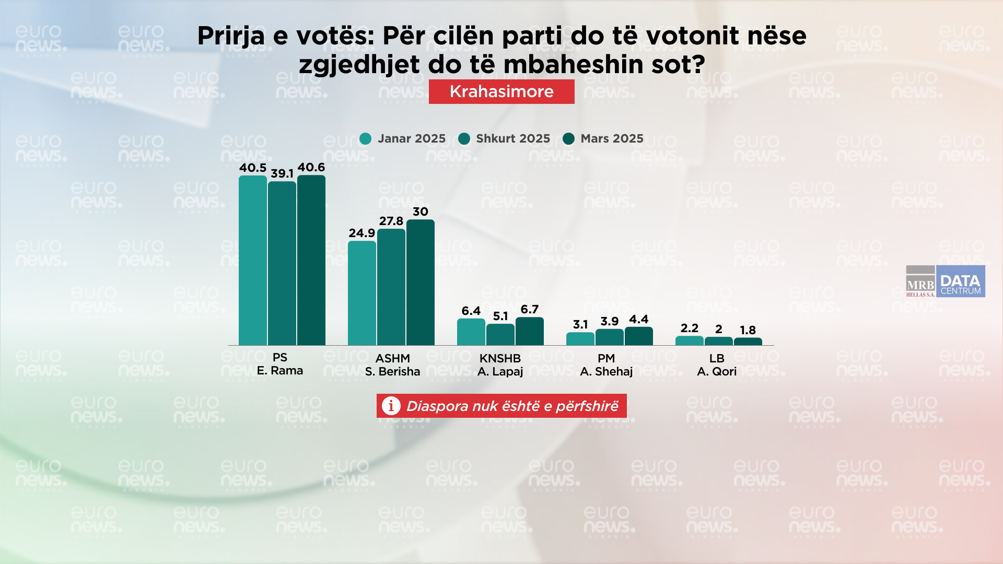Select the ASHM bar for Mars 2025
[421, 282]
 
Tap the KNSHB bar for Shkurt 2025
[500, 335]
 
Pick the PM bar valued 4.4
[639, 336]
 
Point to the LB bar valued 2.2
[690, 341]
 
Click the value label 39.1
[282, 173]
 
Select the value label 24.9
[362, 233]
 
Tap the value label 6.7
[530, 309]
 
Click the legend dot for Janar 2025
[366, 138]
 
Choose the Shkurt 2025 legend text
[513, 138]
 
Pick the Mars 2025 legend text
[612, 138]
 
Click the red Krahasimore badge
[501, 91]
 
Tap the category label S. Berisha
[392, 371]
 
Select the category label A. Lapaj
[500, 371]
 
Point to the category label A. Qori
[717, 371]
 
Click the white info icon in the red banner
[391, 406]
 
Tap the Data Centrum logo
[960, 281]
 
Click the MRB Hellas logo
[920, 281]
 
